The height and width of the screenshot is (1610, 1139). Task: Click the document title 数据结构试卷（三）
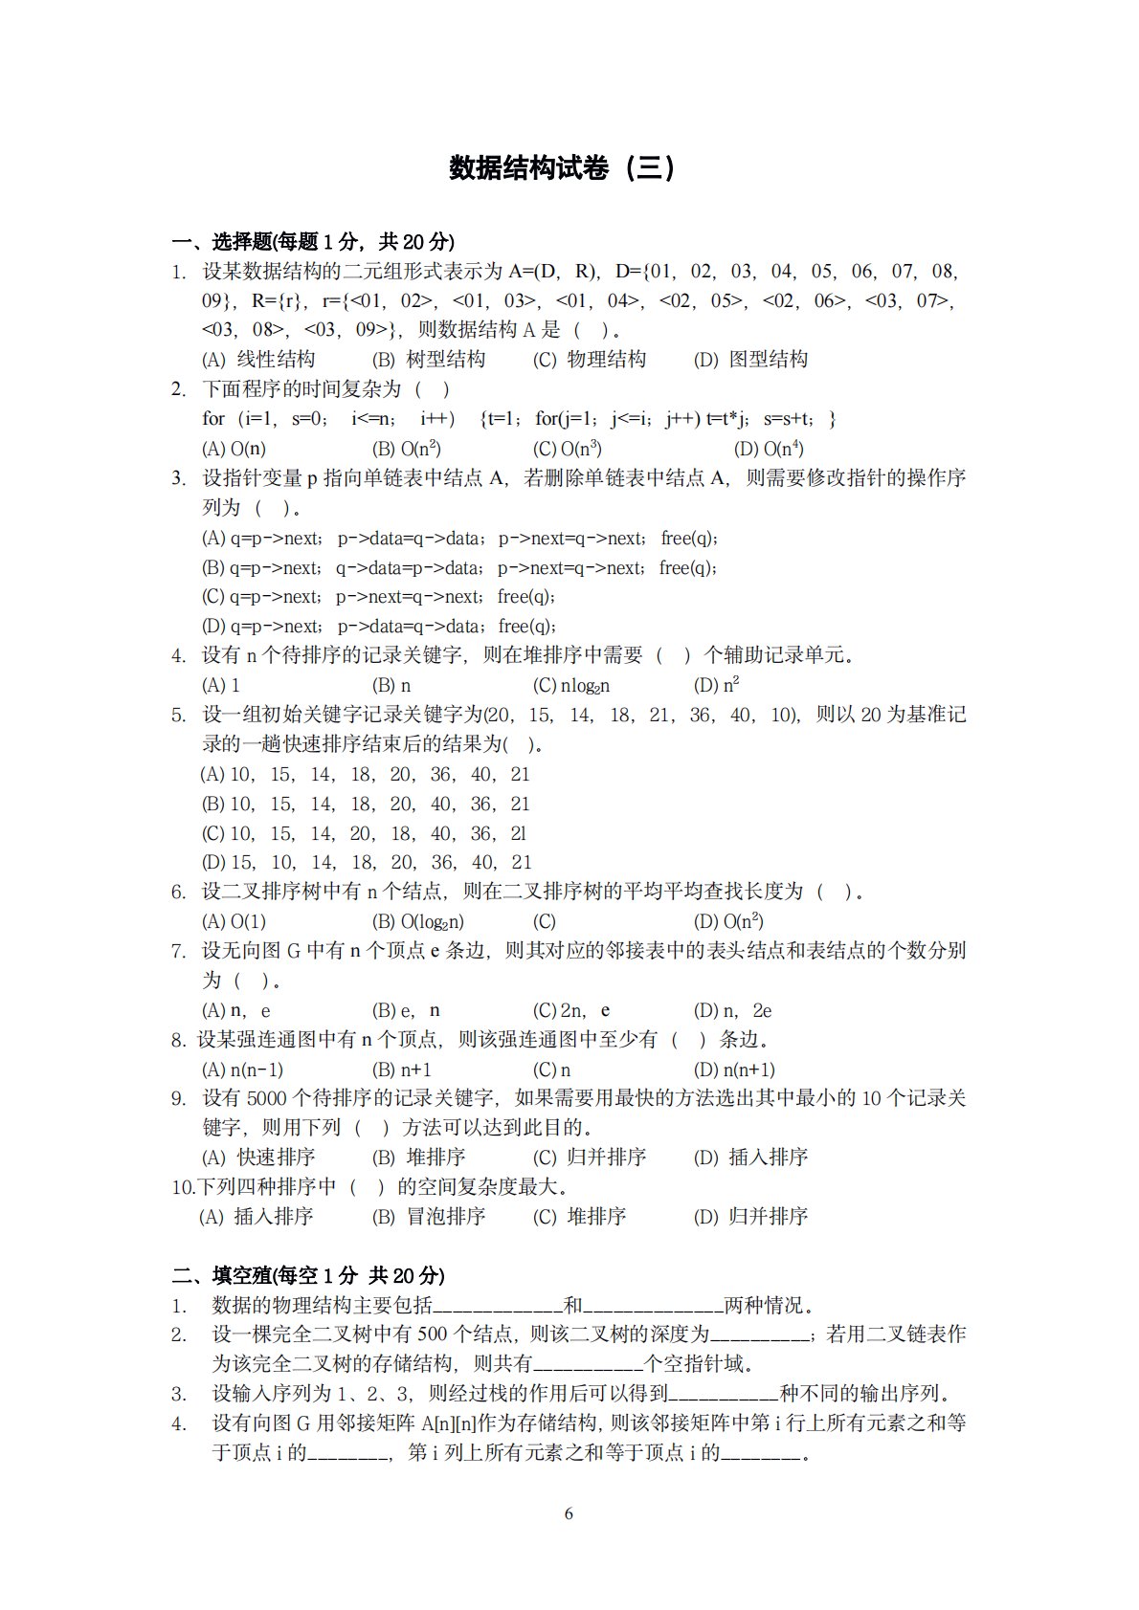[x=563, y=168]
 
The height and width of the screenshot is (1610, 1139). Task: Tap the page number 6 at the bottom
[x=569, y=1513]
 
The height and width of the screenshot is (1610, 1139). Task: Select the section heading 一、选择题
[x=313, y=241]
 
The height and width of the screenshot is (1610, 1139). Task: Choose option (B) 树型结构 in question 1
[x=429, y=360]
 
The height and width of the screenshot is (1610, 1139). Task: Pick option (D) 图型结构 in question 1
[x=750, y=360]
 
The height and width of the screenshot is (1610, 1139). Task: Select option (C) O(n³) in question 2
[x=568, y=449]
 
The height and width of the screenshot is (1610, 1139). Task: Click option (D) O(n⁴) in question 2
[x=769, y=449]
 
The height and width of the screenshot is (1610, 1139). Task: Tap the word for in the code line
[x=212, y=419]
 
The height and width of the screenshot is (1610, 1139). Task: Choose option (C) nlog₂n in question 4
[x=571, y=685]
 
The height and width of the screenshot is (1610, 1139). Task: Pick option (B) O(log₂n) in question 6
[x=418, y=921]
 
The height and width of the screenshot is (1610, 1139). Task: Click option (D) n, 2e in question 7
[x=732, y=1010]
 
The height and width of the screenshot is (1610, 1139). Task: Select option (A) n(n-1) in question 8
[x=243, y=1070]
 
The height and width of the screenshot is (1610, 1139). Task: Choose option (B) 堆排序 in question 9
[x=419, y=1158]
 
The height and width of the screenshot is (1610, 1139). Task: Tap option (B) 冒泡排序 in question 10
[x=429, y=1217]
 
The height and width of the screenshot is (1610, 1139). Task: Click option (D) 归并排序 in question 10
[x=750, y=1217]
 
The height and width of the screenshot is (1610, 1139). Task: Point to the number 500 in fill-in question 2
[x=433, y=1334]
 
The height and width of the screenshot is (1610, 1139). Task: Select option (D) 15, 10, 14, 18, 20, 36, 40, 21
[x=367, y=863]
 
